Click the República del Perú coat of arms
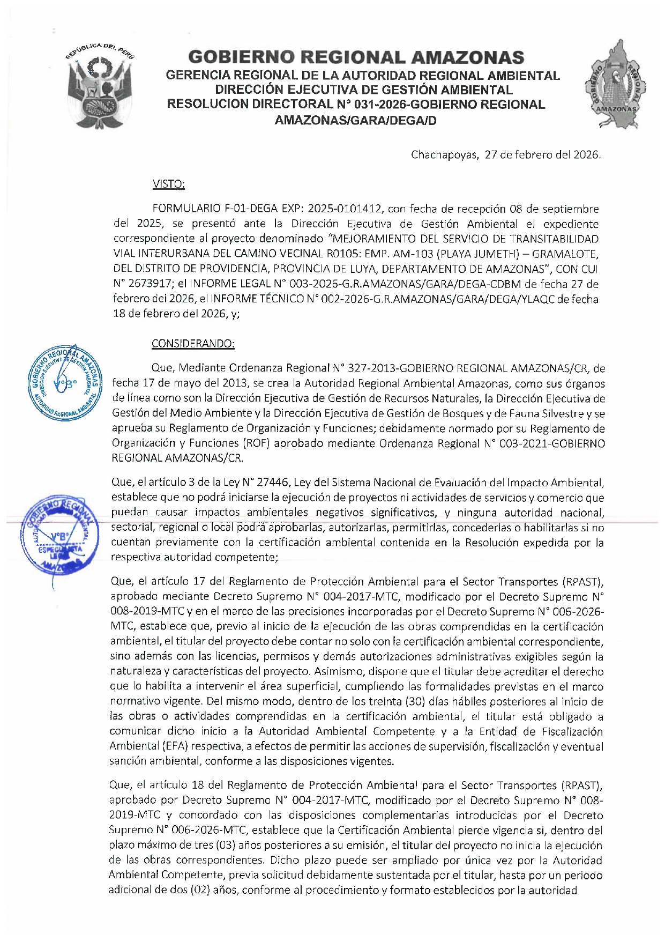100,87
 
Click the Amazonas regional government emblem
615,86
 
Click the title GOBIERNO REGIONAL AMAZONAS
356,57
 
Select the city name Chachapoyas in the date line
444,155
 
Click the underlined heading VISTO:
168,184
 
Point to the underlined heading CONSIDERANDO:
193,343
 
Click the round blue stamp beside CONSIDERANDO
65,383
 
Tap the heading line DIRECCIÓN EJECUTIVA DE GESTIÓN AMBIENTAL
364,90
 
